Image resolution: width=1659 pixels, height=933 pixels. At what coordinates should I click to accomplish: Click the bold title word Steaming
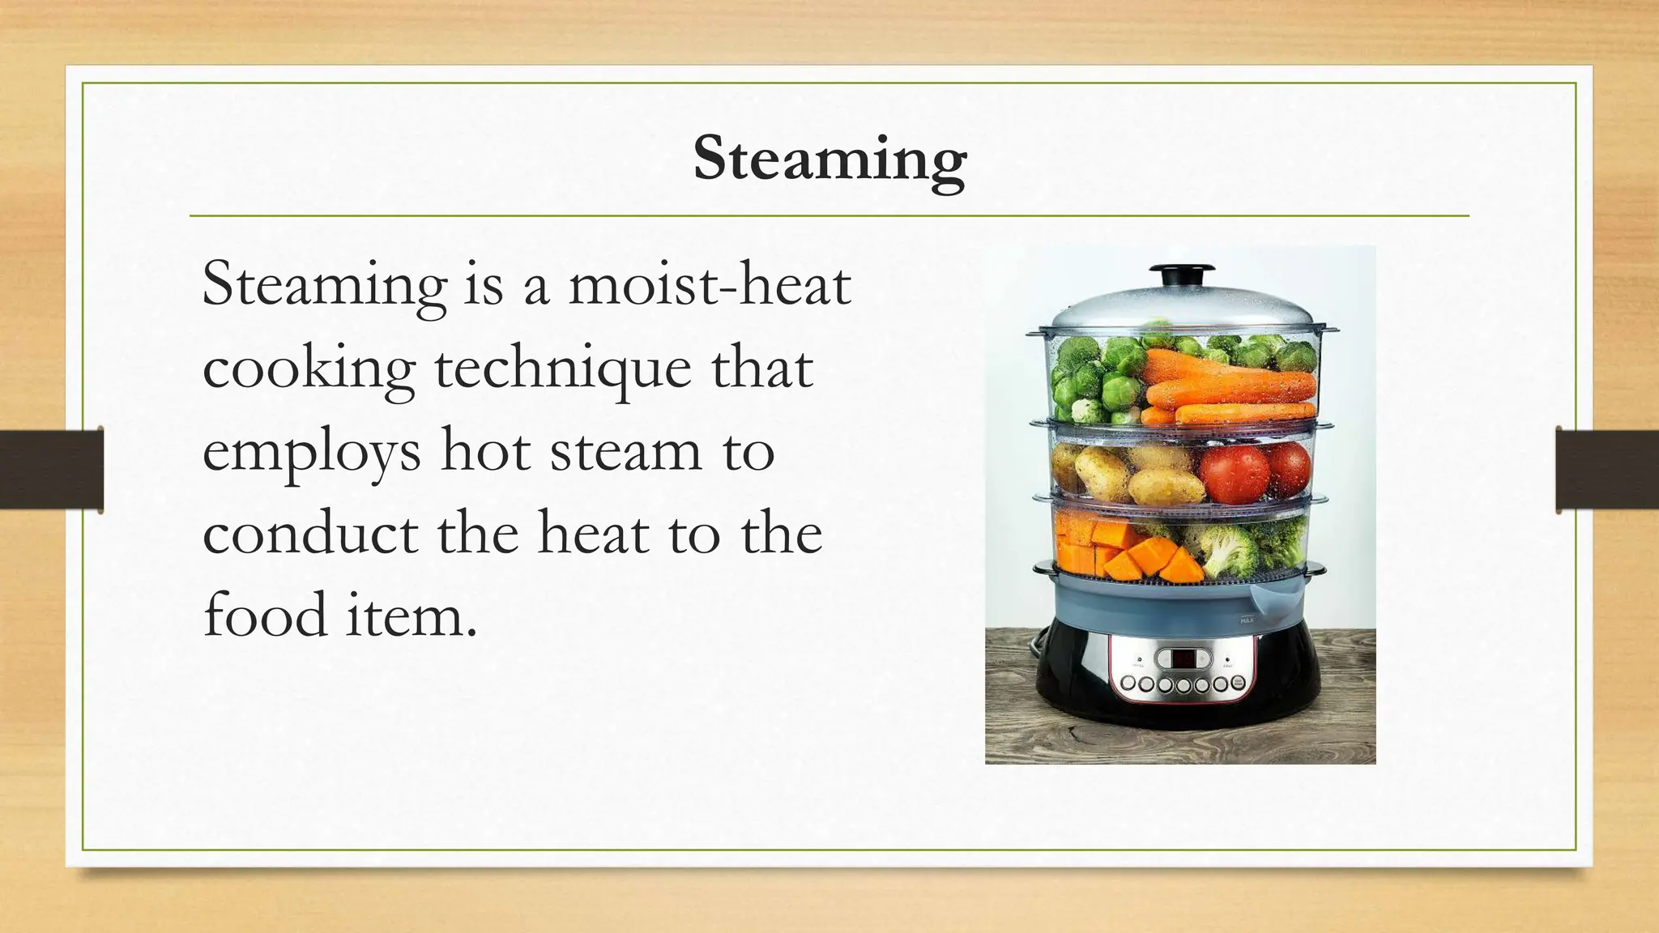(x=829, y=160)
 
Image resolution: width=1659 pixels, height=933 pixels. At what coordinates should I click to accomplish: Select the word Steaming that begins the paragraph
(x=324, y=285)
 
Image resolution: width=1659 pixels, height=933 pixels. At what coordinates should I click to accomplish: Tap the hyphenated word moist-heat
(x=710, y=285)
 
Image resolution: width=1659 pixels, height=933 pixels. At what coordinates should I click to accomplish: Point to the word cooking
(x=309, y=369)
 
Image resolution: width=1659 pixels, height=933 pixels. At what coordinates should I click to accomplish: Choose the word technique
(x=563, y=369)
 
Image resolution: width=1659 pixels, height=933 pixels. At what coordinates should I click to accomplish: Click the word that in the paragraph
(x=762, y=368)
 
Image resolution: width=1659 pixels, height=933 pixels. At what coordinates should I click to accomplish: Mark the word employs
(x=312, y=452)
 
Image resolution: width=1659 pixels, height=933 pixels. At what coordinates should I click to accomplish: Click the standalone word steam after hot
(x=625, y=452)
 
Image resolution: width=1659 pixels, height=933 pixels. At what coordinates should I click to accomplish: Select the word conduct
(x=310, y=533)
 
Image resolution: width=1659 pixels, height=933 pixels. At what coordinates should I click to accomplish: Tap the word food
(x=264, y=616)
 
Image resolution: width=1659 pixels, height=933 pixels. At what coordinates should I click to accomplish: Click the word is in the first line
(x=483, y=285)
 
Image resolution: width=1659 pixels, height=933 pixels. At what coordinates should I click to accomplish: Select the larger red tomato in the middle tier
(x=1234, y=474)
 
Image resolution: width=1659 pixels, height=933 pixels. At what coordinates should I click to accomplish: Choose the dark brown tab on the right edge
(x=1607, y=470)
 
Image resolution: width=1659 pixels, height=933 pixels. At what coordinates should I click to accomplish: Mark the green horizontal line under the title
(x=829, y=216)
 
